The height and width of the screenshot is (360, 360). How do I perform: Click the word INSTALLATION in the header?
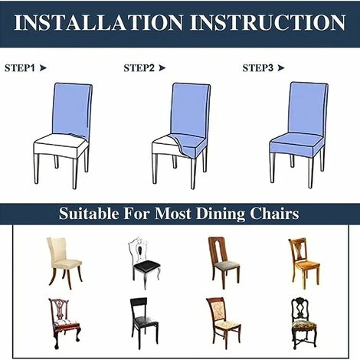tap(99, 22)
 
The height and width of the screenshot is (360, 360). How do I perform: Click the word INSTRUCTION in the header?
tap(268, 22)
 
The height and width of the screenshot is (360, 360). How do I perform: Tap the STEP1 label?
tap(19, 68)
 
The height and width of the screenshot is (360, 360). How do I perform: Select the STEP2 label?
tap(139, 68)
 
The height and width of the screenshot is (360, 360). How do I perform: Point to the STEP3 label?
tap(258, 68)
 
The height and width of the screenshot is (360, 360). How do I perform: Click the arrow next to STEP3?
tap(281, 68)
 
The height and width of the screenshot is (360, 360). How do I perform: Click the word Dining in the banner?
tap(221, 214)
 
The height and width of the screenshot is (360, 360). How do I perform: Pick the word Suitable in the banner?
tap(89, 214)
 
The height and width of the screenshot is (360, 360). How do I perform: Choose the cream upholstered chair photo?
tap(64, 263)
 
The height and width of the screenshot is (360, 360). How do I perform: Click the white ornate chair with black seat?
tap(144, 263)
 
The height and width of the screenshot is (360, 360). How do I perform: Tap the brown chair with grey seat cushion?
tap(224, 263)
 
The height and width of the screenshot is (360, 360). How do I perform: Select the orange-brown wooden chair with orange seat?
tap(304, 263)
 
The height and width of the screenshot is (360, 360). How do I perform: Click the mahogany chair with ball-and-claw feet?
tap(64, 323)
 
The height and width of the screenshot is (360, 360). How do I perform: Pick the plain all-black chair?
tap(144, 323)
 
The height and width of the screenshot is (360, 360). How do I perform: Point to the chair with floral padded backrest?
tap(224, 323)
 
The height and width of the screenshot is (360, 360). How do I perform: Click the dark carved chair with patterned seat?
tap(304, 323)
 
